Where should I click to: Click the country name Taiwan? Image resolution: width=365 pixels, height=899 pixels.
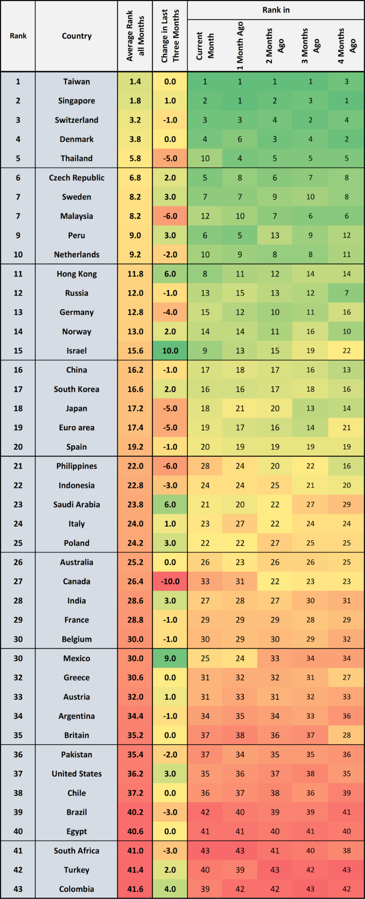(77, 82)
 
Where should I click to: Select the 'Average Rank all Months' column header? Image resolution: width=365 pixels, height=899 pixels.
(135, 37)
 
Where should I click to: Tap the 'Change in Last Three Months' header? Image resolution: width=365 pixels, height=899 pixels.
(170, 37)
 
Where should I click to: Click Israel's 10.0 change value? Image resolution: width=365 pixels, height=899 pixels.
(170, 351)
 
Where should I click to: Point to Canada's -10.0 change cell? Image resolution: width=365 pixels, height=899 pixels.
(170, 581)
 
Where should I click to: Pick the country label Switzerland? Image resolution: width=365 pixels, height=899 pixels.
(77, 120)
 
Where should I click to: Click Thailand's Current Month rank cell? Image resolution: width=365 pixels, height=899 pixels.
(205, 158)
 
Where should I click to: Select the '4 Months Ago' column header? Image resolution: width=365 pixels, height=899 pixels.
(346, 46)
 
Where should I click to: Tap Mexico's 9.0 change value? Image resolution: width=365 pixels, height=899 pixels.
(170, 658)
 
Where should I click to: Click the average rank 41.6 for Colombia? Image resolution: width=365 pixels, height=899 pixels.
(135, 889)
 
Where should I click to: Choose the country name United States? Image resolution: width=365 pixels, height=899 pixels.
(77, 774)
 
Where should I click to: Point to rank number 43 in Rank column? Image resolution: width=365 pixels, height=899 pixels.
(18, 889)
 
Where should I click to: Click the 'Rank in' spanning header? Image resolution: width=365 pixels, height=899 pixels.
(276, 10)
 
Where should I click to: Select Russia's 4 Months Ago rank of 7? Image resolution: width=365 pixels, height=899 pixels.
(346, 293)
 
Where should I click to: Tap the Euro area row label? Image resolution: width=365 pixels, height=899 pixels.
(77, 427)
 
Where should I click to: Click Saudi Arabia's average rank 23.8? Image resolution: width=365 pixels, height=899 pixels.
(135, 504)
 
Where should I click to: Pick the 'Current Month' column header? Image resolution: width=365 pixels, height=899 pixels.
(205, 46)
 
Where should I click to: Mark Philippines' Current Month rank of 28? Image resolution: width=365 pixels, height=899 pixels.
(205, 466)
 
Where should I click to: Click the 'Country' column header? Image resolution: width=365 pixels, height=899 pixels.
(77, 36)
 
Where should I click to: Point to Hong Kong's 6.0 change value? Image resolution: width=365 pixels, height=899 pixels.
(170, 274)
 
